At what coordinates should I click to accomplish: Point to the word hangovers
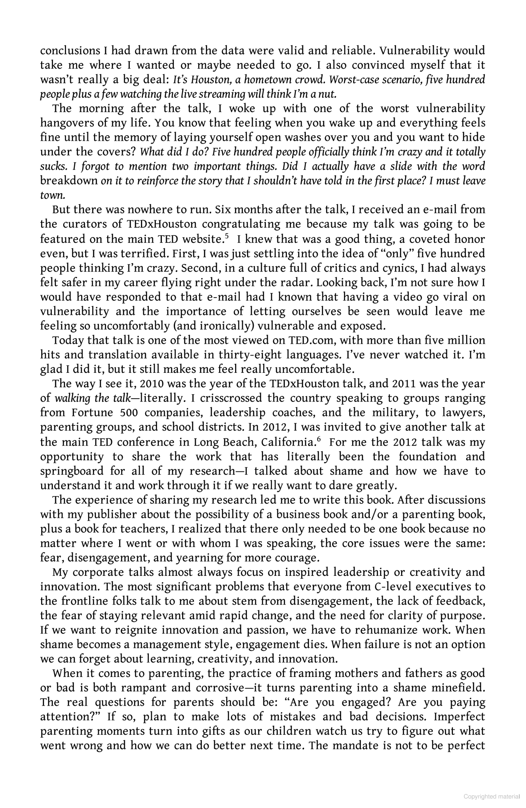pos(67,123)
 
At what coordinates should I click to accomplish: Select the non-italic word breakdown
pos(69,181)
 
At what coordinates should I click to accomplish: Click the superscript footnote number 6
pos(318,439)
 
